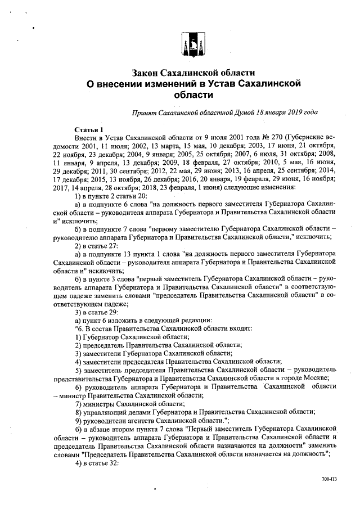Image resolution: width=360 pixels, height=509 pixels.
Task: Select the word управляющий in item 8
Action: pos(103,412)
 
